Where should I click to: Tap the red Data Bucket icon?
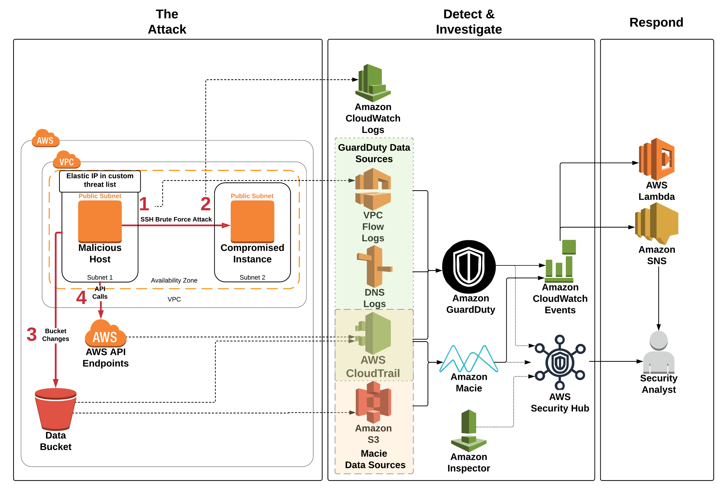[56, 409]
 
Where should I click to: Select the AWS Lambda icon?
[656, 159]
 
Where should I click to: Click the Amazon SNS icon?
[656, 224]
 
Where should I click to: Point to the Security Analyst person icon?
[658, 352]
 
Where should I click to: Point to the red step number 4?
[81, 298]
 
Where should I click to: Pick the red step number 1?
[144, 204]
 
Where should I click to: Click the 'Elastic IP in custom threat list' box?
[100, 181]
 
